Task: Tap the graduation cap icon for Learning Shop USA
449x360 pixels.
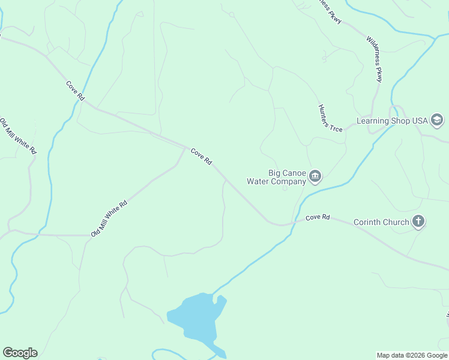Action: click(437, 121)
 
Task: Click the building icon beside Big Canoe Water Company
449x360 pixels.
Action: click(315, 176)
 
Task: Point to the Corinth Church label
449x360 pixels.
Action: click(381, 222)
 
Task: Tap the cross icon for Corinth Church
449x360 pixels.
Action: click(418, 222)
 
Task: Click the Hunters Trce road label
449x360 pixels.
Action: click(330, 118)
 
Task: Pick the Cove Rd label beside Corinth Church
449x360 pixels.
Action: click(318, 217)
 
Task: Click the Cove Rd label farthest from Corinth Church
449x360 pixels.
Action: click(76, 91)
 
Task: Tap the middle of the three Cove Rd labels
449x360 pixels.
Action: click(202, 157)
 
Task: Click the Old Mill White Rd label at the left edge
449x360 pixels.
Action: click(17, 136)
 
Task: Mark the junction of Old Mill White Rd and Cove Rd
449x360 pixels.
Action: click(185, 147)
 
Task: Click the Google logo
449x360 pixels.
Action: click(20, 353)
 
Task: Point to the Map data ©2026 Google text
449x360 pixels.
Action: click(412, 355)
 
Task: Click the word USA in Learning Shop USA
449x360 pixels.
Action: click(420, 121)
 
